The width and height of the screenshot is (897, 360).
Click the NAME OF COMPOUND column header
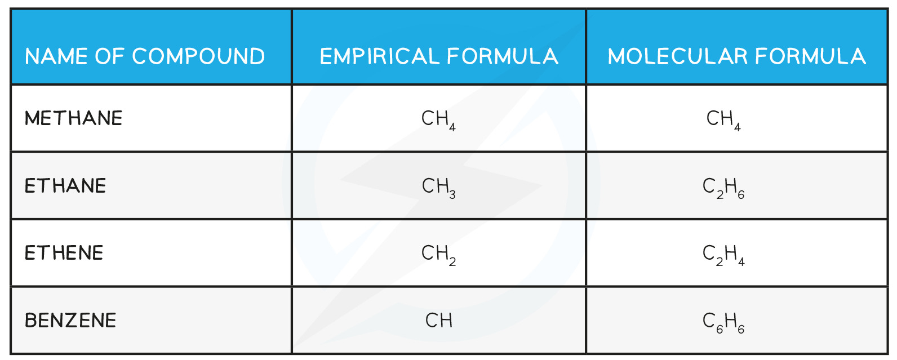click(x=145, y=56)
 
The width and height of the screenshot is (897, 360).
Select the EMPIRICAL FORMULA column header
click(x=438, y=56)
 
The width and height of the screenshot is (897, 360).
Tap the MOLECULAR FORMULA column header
click(x=736, y=56)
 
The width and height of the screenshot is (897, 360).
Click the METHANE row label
click(x=73, y=118)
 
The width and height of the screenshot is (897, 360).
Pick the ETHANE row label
click(x=65, y=186)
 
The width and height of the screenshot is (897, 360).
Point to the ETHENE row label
click(x=64, y=253)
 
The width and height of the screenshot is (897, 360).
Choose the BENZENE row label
click(x=70, y=321)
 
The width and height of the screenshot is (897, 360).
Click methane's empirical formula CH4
click(x=438, y=120)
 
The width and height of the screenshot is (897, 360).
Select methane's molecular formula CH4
click(x=723, y=120)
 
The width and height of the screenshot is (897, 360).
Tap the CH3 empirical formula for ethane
click(x=438, y=188)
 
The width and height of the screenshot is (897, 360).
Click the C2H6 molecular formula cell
click(x=723, y=188)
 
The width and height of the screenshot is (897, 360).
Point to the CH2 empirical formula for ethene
click(x=438, y=255)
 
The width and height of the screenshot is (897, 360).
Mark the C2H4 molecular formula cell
click(x=723, y=255)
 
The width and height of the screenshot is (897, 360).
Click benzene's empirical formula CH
click(x=439, y=321)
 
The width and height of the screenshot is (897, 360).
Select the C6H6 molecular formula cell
click(x=723, y=322)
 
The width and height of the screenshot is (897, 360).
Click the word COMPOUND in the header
click(x=199, y=56)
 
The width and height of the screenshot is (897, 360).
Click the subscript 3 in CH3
click(x=452, y=194)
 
